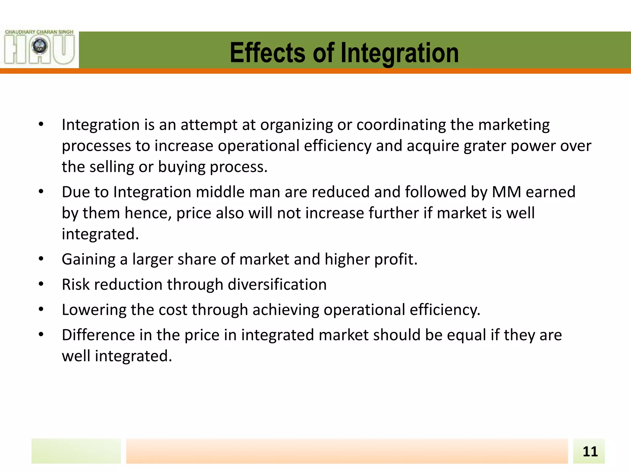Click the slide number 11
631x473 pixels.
click(x=590, y=451)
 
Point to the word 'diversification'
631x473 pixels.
click(x=277, y=285)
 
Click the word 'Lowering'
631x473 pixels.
click(x=94, y=310)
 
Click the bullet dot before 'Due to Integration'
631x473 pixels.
click(x=41, y=192)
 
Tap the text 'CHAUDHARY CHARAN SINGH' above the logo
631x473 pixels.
click(x=39, y=32)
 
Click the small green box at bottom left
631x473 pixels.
click(x=76, y=451)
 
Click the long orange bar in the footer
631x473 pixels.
click(x=347, y=451)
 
